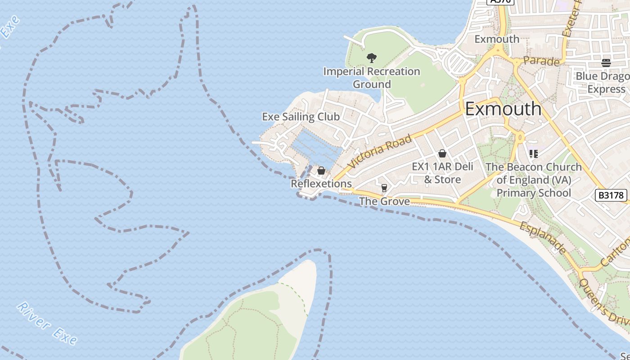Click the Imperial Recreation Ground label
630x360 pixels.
point(371,78)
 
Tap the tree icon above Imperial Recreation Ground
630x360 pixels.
point(371,58)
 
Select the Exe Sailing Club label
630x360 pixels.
point(301,117)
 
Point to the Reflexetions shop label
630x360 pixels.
point(321,184)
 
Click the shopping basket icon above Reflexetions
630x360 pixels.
point(321,171)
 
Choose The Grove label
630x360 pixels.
point(385,201)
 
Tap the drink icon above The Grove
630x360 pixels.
point(384,188)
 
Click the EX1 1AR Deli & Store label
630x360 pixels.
point(443,173)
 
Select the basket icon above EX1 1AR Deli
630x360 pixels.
point(442,153)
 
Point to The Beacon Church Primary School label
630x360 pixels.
point(534,180)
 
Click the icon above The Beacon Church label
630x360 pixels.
point(534,154)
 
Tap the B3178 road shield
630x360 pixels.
point(611,195)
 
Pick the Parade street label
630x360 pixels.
point(541,62)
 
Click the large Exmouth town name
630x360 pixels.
point(503,109)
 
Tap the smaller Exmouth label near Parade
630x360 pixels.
point(497,39)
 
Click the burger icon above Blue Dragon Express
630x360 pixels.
point(606,63)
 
